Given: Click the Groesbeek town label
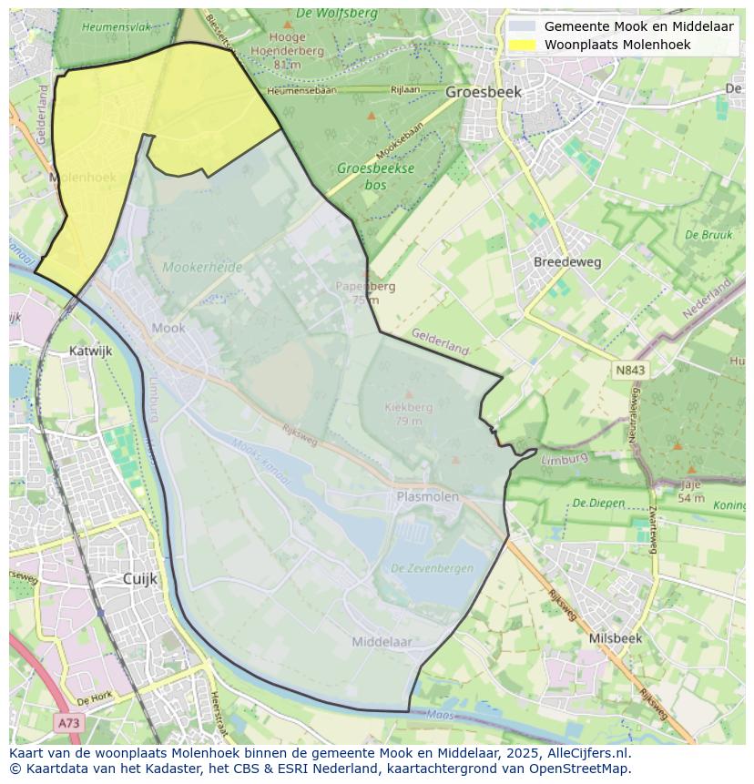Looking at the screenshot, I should click(483, 92).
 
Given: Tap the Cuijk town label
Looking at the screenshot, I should click(140, 578).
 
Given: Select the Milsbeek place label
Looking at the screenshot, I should click(615, 638).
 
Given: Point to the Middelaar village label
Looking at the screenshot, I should click(382, 642).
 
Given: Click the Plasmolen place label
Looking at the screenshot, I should click(428, 496).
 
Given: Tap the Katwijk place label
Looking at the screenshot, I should click(90, 350).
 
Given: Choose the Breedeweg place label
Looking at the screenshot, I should click(567, 261).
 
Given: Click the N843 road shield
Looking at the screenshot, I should click(630, 370).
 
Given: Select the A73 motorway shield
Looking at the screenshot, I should click(68, 723).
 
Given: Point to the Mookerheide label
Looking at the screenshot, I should click(202, 268).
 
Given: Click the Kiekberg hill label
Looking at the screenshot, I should click(409, 407).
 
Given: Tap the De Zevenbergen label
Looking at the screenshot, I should click(432, 568).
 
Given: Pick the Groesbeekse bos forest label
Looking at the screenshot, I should click(375, 176).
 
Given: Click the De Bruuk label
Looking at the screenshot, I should click(708, 235).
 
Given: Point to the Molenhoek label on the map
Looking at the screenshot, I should click(84, 178).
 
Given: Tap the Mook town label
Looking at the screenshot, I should click(168, 328).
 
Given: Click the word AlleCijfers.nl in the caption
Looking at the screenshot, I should click(588, 753).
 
